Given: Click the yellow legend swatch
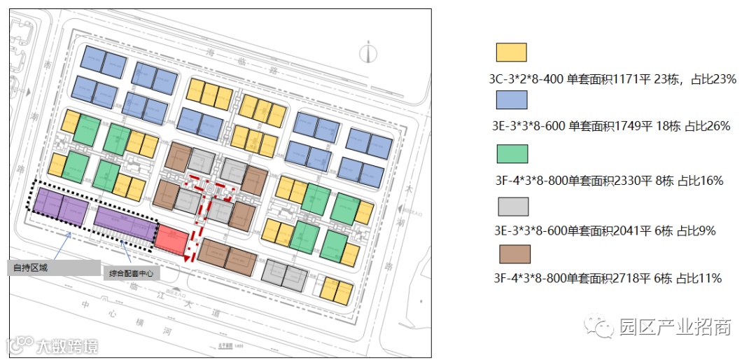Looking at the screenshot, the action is (x=511, y=53).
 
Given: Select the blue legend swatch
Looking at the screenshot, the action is (x=511, y=100).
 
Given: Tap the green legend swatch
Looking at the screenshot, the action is (x=512, y=153).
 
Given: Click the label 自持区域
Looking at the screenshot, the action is (x=31, y=267).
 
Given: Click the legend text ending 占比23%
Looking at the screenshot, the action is (x=612, y=79).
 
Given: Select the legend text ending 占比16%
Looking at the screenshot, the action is (x=608, y=180).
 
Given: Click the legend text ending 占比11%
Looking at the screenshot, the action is (x=608, y=278).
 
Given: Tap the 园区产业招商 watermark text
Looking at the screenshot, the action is (x=675, y=326).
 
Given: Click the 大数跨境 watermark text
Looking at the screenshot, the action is (x=66, y=345).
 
